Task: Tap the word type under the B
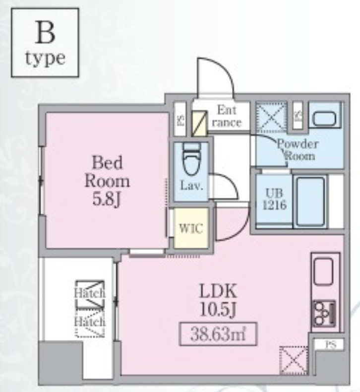coord(45,58)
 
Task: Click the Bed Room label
coord(107,171)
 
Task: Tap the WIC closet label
coord(190,229)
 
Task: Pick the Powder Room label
coord(297,149)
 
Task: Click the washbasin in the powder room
coord(324,117)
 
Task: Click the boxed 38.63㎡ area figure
coord(218,333)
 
